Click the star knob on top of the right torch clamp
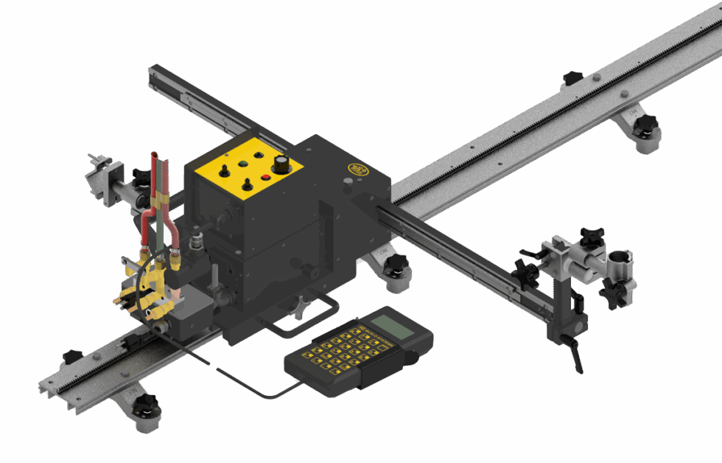pos(591,235)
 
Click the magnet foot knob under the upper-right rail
pos(647,128)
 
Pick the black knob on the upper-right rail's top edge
pos(572,77)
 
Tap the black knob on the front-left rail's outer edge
pos(71,356)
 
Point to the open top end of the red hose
pos(153,155)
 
